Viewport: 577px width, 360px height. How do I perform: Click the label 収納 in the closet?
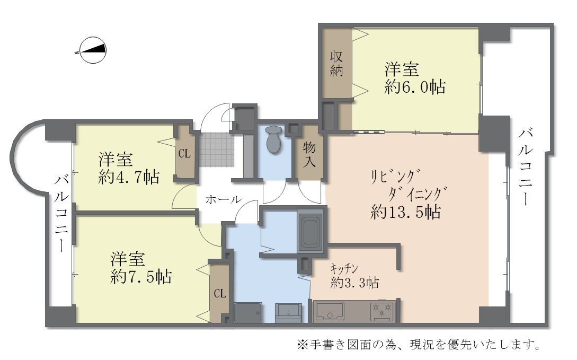coord(337,64)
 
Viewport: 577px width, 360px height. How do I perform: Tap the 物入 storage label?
coord(309,154)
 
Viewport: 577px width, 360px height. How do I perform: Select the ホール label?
coord(223,200)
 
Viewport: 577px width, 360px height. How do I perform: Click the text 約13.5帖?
coord(405,212)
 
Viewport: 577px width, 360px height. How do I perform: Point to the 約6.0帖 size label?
coord(414,87)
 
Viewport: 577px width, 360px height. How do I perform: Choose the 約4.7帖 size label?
coord(129,177)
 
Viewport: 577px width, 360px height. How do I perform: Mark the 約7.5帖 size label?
coord(141,276)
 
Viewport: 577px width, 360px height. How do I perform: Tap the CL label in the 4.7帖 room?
coord(184,154)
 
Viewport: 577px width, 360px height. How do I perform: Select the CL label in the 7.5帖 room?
coord(220,293)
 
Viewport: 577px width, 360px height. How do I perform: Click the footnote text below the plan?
coord(418,345)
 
